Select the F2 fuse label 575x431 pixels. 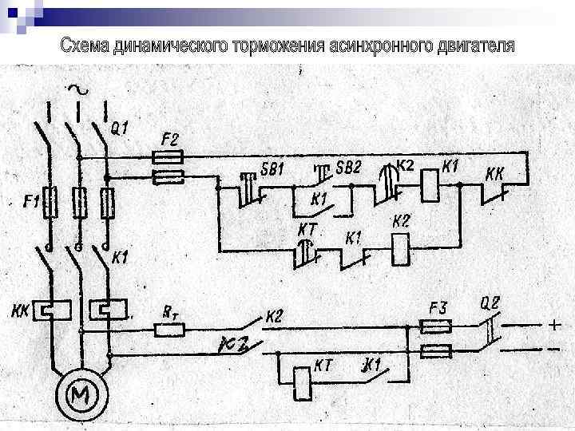(169, 138)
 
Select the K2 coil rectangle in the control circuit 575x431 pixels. (400, 250)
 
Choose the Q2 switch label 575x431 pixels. (490, 302)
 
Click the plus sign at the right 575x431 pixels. (553, 326)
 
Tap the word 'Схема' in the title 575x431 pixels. (85, 46)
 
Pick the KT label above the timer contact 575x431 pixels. (307, 230)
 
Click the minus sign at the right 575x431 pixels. (553, 350)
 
